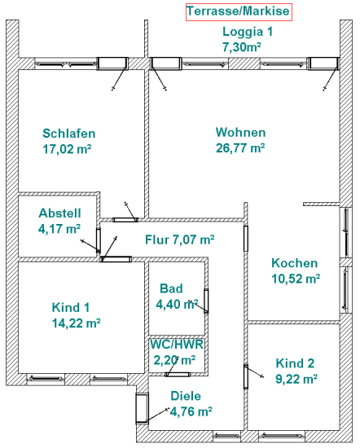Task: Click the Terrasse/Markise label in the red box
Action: pyautogui.click(x=239, y=11)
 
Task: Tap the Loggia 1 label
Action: pyautogui.click(x=248, y=32)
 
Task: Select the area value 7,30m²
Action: pyautogui.click(x=242, y=47)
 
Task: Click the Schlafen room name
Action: pyautogui.click(x=69, y=134)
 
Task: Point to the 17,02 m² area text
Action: pyautogui.click(x=67, y=149)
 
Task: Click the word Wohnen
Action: pyautogui.click(x=240, y=132)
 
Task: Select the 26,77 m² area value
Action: pyautogui.click(x=240, y=148)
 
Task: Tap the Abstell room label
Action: pyautogui.click(x=59, y=213)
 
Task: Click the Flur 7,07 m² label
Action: pyautogui.click(x=180, y=239)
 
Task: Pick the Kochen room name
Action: pyautogui.click(x=294, y=263)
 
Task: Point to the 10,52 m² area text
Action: pyautogui.click(x=296, y=279)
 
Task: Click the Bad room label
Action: pyautogui.click(x=171, y=288)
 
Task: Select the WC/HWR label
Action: pyautogui.click(x=177, y=345)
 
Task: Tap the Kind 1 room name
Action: pyautogui.click(x=71, y=307)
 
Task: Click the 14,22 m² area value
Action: pyautogui.click(x=76, y=323)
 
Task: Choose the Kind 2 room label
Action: pyautogui.click(x=295, y=363)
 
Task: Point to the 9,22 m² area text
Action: pyautogui.click(x=296, y=379)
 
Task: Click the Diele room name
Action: pyautogui.click(x=186, y=396)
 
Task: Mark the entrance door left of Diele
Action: pyautogui.click(x=142, y=408)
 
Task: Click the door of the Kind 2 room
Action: pyautogui.click(x=246, y=376)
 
